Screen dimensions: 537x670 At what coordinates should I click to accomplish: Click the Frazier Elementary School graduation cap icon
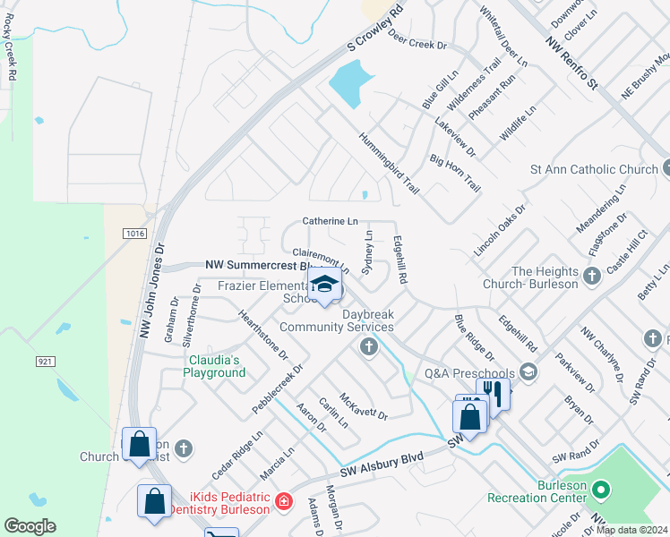(324, 286)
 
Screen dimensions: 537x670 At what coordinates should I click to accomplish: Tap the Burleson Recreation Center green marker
(601, 490)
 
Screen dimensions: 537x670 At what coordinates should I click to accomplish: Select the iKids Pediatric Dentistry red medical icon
(283, 501)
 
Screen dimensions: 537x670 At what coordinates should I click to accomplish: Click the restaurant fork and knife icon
(492, 391)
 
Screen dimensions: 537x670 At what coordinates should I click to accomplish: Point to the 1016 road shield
(134, 234)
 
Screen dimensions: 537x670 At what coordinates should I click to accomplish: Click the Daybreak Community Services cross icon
(367, 346)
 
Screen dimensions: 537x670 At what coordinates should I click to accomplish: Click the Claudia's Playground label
(214, 366)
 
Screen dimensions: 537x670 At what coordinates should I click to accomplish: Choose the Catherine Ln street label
(330, 220)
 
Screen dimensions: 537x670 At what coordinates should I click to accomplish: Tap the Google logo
(30, 525)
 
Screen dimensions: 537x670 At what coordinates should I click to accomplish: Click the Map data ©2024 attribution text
(631, 530)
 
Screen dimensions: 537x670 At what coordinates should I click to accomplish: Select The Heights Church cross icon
(591, 277)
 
